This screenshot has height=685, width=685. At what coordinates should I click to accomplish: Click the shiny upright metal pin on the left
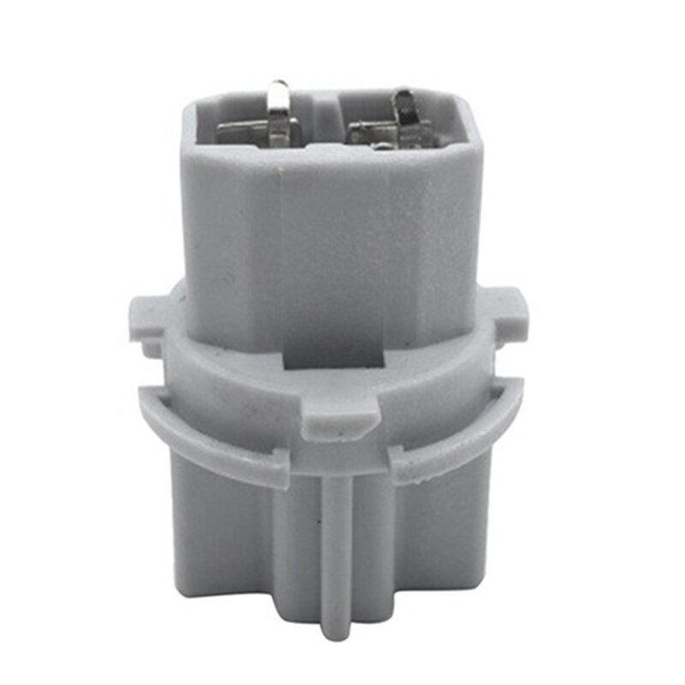279,111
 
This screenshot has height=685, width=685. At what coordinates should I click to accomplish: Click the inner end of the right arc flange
407,467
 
